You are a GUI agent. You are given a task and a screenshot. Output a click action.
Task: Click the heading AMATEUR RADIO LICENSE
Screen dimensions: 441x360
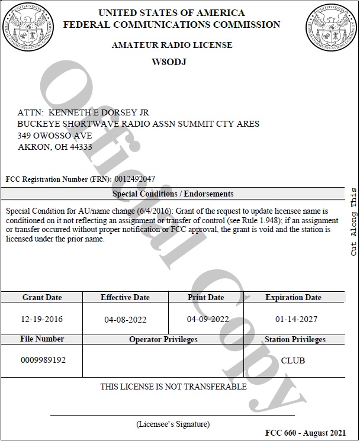coord(172,45)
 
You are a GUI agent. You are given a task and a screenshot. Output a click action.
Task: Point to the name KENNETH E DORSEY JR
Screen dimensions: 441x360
coord(98,112)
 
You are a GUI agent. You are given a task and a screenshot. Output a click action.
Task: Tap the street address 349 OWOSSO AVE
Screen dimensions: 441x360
coord(55,135)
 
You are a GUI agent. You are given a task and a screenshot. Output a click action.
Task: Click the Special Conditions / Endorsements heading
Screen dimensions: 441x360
coord(173,194)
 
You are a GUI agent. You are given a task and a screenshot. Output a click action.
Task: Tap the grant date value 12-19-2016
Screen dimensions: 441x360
coord(42,319)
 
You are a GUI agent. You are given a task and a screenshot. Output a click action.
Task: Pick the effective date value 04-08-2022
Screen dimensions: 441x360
coord(125,320)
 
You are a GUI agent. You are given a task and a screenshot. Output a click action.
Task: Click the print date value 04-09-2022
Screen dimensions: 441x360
coord(208,319)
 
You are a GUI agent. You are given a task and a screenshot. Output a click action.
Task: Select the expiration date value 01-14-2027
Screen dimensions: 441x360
coord(296,319)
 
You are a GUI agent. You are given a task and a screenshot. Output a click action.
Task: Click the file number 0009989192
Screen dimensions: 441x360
coord(43,360)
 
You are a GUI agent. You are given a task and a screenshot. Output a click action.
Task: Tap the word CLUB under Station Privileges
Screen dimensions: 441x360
coord(292,360)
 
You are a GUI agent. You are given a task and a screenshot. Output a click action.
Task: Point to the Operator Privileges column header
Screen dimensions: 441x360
coord(163,340)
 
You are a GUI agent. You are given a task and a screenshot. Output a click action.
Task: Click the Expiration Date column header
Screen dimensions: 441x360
coord(293,297)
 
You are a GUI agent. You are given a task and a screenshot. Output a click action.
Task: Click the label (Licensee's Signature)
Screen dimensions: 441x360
coord(173,424)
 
